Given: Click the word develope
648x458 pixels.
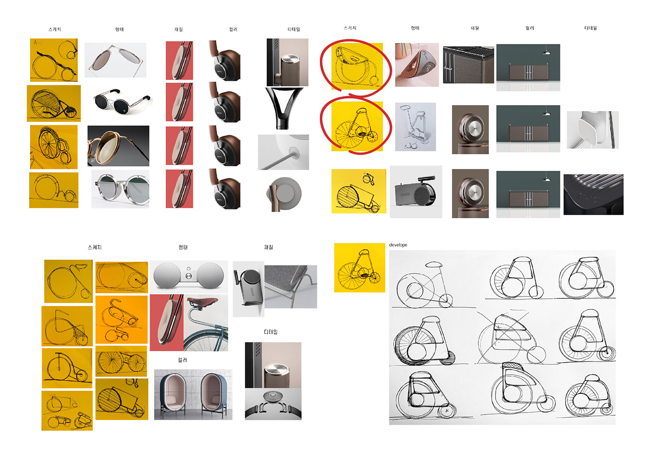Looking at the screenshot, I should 398,245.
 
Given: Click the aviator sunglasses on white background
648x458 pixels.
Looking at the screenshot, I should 115,60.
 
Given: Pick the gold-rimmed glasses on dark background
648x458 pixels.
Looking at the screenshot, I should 118,146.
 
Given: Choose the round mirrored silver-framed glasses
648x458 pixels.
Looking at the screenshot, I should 120,189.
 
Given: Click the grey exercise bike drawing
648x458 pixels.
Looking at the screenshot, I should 415,127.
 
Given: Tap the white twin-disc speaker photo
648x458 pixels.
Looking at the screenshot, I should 188,276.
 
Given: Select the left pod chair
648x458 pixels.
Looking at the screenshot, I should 173,394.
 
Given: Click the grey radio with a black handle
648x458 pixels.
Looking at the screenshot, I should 416,192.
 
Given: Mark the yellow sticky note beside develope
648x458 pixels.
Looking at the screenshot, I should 359,267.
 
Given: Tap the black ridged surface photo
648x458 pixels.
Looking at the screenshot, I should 593,194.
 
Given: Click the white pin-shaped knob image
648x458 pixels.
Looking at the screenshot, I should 283,153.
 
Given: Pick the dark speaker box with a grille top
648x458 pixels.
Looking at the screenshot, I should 468,65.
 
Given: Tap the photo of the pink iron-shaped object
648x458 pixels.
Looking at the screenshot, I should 417,65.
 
